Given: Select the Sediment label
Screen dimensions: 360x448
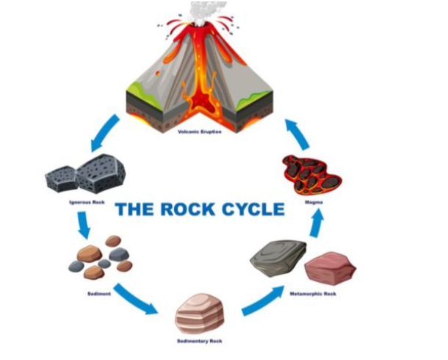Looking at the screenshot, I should tap(98, 294).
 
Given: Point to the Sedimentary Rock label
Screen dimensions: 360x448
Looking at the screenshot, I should tap(200, 341).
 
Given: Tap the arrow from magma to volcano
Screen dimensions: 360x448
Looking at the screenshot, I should tap(297, 134).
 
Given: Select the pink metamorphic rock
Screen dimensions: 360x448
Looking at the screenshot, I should tap(330, 268).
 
